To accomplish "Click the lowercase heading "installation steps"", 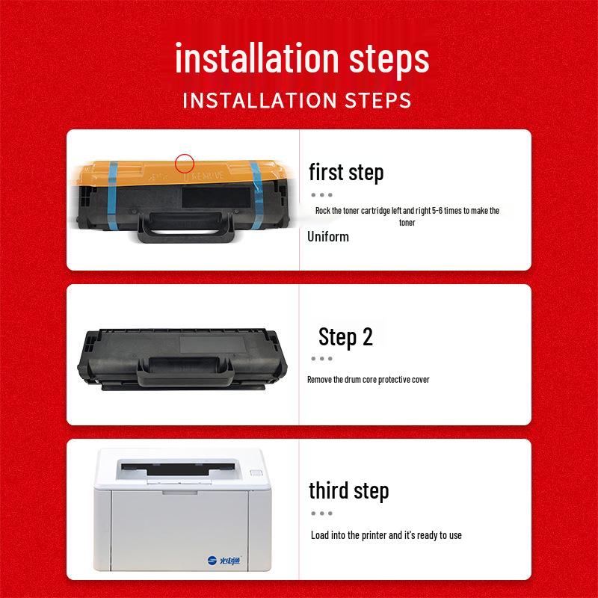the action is tap(302, 58).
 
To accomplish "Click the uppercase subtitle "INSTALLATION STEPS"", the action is tap(297, 101).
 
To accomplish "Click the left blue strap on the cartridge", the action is tap(112, 196).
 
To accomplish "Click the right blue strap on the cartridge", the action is tap(256, 194).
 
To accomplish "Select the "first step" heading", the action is tap(346, 173).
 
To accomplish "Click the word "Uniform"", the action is tap(328, 237).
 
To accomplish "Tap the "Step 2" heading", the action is tap(345, 337).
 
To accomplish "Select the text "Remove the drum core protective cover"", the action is tap(369, 380).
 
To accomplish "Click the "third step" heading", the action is tap(348, 490).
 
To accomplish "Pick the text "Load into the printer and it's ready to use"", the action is tap(386, 535).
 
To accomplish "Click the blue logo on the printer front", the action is tap(224, 560).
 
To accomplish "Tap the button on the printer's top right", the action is tap(256, 473).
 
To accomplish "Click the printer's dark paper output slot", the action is tap(178, 469).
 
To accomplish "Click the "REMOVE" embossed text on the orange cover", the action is tap(208, 176).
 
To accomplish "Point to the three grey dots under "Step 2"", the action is tap(321, 359).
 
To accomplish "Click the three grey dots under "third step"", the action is tap(321, 514).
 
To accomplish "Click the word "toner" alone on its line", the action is tap(407, 223).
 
